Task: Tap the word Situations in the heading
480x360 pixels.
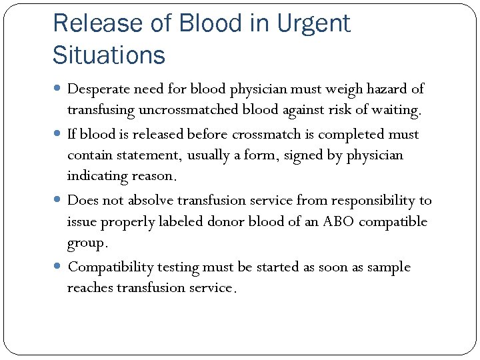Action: [x=109, y=55]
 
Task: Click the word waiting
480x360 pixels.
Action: [x=397, y=109]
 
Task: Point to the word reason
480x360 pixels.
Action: [x=154, y=176]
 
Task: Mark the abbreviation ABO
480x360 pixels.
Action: [x=339, y=221]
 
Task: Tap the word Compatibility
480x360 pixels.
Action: [x=111, y=267]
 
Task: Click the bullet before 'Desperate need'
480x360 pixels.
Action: [x=59, y=89]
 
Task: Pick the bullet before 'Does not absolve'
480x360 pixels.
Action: [x=59, y=200]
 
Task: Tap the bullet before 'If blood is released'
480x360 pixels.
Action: [x=59, y=134]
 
